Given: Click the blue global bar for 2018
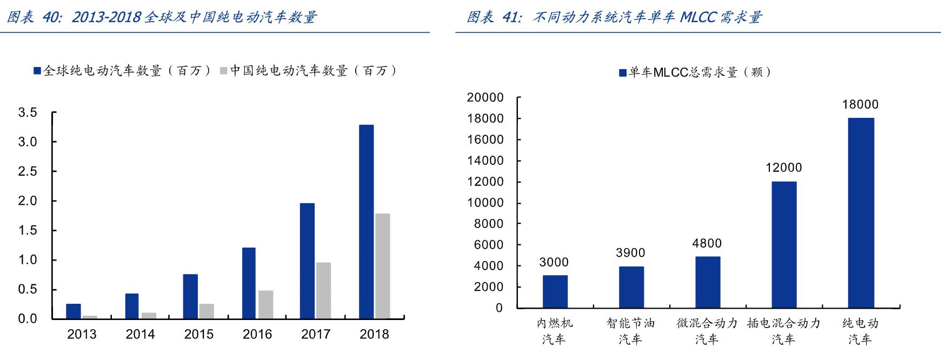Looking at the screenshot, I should click(366, 222).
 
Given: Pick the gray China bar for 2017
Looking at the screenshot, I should click(323, 290).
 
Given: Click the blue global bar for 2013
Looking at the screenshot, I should click(73, 311).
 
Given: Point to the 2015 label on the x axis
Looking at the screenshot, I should click(198, 335).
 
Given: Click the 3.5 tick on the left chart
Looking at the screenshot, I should click(28, 113).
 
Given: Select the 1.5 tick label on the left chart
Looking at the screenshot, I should click(28, 231).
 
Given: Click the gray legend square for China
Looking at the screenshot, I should click(224, 71).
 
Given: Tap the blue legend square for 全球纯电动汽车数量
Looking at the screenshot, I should click(37, 71).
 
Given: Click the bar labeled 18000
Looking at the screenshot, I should click(861, 213).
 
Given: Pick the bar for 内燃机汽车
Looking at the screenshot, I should click(555, 291).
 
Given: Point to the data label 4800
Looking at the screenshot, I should click(707, 244).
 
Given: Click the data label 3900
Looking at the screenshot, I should click(630, 253).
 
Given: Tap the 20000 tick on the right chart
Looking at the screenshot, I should click(485, 98).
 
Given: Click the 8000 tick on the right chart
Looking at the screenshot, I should click(489, 224).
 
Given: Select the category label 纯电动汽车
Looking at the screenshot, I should click(860, 331).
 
